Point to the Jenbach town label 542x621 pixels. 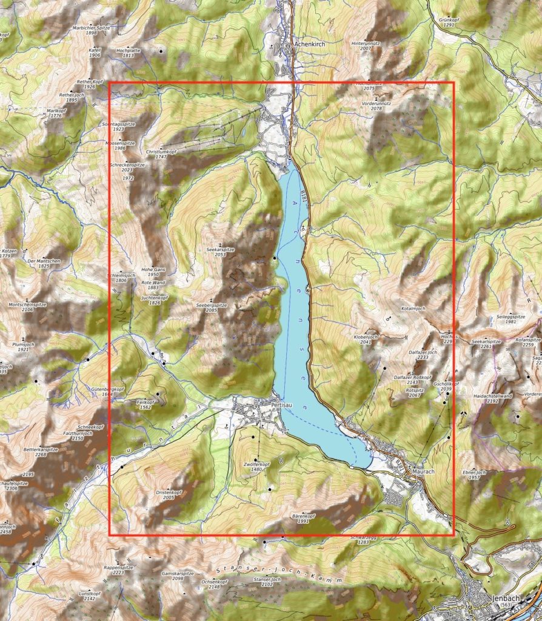point(506,598)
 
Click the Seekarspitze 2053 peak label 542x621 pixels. point(219,252)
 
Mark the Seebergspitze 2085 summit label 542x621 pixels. point(211,307)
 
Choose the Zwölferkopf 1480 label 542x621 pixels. point(256,466)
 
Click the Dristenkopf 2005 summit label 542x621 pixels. point(169,495)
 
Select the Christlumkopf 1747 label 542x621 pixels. point(161,154)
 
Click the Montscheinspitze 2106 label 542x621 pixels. point(27,307)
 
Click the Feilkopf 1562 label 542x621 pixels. point(145,405)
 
